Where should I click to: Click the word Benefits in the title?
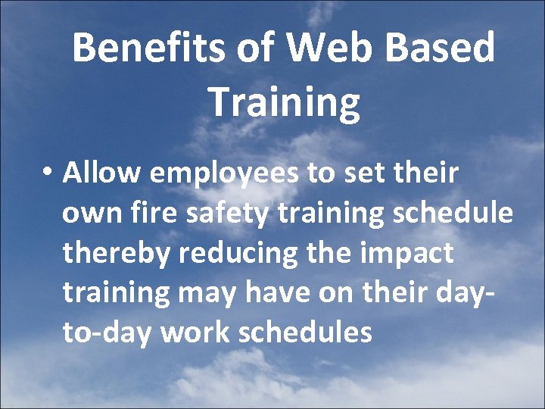tap(146, 48)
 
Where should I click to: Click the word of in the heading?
tap(246, 48)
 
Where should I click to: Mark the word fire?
tap(151, 213)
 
